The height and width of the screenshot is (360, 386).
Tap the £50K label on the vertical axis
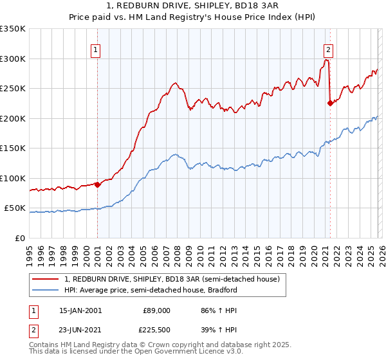pyautogui.click(x=15, y=208)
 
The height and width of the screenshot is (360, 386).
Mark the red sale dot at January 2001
pyautogui.click(x=97, y=184)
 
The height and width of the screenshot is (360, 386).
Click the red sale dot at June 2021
pyautogui.click(x=330, y=102)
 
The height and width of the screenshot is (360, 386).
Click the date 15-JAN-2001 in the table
pyautogui.click(x=80, y=310)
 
